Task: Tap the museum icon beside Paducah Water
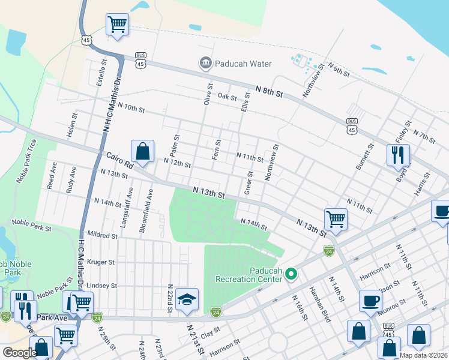click(x=206, y=63)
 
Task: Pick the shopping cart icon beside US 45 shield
click(x=117, y=25)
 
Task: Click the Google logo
click(x=19, y=353)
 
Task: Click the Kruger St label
click(x=101, y=262)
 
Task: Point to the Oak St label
click(x=228, y=96)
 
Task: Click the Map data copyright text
click(x=424, y=355)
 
